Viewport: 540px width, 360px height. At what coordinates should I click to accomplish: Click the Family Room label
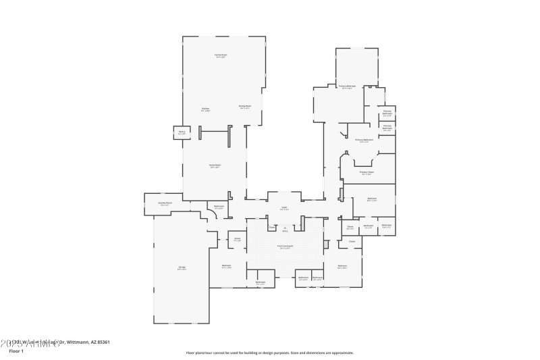point(221,57)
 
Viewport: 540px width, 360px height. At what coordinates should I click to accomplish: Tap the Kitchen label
point(205,109)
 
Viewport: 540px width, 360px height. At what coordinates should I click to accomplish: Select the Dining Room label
point(244,106)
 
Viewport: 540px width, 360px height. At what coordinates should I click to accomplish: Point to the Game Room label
point(215,166)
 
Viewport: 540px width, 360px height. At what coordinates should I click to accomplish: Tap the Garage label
point(182,268)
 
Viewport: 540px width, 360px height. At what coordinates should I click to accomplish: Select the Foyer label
point(285,209)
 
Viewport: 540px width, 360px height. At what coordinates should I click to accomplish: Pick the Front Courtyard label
point(285,248)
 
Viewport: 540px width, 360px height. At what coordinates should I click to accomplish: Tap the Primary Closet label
point(366,173)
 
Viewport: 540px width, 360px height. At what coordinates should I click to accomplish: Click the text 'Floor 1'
point(16,351)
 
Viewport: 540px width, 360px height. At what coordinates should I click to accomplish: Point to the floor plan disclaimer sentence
point(269,353)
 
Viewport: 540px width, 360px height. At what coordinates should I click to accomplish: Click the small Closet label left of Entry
point(271,228)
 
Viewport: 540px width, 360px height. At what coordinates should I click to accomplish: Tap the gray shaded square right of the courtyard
point(326,244)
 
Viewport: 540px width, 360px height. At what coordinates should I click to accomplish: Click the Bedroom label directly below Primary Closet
point(371,199)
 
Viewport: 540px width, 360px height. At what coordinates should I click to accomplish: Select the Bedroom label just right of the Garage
point(226,266)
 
